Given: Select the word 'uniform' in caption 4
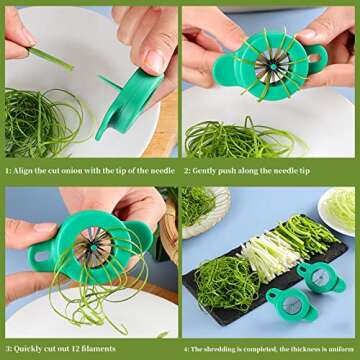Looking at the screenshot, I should coord(341,352).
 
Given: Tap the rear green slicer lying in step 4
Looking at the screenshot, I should coord(321,276).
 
